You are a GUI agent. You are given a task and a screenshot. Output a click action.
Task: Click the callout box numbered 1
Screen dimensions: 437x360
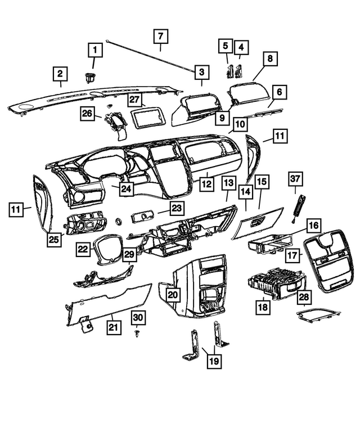(x=94, y=52)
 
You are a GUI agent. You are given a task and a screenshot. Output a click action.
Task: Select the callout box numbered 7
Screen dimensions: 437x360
(x=160, y=37)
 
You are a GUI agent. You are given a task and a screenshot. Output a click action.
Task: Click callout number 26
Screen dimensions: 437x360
(x=87, y=114)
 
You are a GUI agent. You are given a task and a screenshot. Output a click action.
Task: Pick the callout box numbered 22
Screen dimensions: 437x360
(x=84, y=249)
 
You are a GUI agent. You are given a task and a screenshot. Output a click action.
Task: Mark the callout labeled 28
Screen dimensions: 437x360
(x=304, y=296)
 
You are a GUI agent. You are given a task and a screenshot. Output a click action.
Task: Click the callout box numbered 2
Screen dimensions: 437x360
(x=60, y=73)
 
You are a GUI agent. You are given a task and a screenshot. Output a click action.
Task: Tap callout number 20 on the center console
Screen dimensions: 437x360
(x=173, y=294)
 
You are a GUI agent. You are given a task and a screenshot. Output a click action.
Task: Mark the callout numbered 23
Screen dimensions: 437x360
(x=177, y=209)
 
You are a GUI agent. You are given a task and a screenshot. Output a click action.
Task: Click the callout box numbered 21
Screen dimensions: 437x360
(x=114, y=327)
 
